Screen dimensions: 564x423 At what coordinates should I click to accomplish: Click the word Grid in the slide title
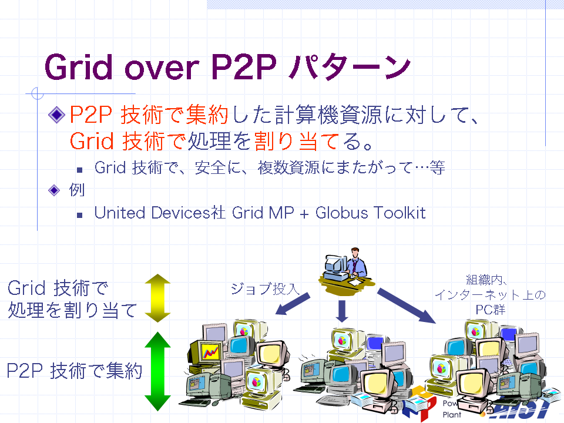[78, 67]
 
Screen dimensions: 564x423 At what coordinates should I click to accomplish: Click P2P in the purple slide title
[243, 67]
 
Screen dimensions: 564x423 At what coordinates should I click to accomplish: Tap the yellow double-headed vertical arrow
[157, 298]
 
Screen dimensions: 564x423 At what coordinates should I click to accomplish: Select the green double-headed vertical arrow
[157, 371]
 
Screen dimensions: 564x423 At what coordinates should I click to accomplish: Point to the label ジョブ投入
[265, 288]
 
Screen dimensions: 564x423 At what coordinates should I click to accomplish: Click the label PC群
[490, 310]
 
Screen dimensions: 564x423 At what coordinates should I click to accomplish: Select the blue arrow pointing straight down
[342, 311]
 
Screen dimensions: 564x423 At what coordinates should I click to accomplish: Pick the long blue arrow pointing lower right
[407, 305]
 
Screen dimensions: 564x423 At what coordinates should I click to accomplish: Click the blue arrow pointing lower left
[293, 304]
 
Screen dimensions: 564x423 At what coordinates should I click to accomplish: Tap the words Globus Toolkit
[371, 213]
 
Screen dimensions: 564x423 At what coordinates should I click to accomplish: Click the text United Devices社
[160, 213]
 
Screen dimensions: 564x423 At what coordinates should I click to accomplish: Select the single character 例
[76, 190]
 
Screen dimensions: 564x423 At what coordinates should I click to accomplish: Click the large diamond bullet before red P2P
[56, 115]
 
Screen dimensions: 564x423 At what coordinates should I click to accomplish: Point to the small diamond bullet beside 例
[54, 190]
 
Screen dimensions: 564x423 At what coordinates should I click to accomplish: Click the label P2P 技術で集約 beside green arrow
[75, 371]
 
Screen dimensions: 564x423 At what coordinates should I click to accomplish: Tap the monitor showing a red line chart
[210, 351]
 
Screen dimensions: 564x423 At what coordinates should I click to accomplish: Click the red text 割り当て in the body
[296, 140]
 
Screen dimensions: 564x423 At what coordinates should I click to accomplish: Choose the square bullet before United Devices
[80, 216]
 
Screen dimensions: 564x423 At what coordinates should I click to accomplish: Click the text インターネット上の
[490, 295]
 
